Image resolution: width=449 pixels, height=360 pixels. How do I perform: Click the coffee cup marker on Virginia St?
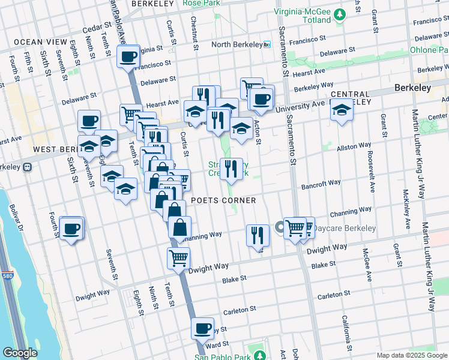click(128, 57)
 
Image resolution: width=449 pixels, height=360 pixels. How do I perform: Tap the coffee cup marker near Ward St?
click(202, 329)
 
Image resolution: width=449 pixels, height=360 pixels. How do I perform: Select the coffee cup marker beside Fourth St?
click(71, 228)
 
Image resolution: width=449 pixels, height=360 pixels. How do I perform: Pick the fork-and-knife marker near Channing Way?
click(258, 235)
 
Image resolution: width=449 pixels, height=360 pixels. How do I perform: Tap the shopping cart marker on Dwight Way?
click(178, 258)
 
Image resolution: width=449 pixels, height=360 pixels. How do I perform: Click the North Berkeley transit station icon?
click(268, 45)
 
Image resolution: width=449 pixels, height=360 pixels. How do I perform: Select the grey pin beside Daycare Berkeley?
click(280, 227)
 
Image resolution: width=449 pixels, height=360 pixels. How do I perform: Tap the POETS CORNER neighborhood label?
click(223, 200)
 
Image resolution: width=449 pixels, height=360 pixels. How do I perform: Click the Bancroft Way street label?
click(321, 184)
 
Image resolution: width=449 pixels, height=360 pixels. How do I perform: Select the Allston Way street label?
click(354, 147)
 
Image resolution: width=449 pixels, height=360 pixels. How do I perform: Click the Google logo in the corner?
click(20, 353)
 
